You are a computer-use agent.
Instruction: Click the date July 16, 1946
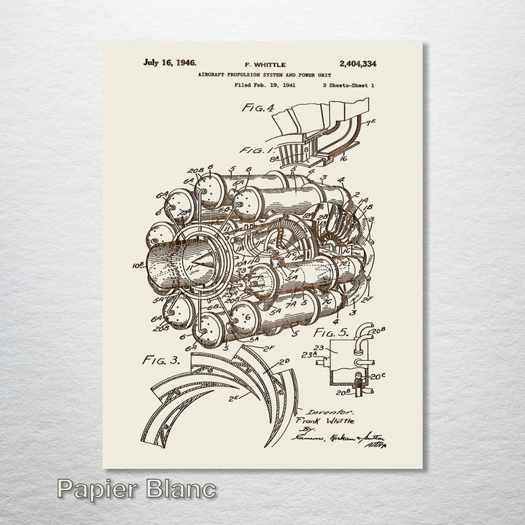(x=169, y=63)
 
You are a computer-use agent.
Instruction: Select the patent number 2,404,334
(x=357, y=64)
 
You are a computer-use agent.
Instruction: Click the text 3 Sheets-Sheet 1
(x=349, y=85)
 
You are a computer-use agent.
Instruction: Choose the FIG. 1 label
(x=258, y=151)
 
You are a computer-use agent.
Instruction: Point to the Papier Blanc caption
(x=136, y=489)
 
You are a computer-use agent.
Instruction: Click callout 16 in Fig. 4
(x=343, y=157)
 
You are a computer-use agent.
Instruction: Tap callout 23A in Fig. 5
(x=310, y=355)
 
